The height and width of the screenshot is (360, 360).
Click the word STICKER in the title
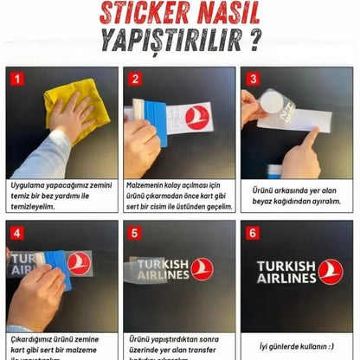pos(142,15)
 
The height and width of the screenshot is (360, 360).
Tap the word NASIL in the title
pos(227,15)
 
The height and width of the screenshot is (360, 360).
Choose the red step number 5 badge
pos(133,232)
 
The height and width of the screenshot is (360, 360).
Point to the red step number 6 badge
pos(251,232)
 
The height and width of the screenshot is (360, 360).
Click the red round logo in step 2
pos(197,118)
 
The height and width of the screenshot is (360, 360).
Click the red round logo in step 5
pos(202,269)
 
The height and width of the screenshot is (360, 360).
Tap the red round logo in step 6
pos(331,271)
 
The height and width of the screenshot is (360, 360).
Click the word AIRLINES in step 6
pos(286,278)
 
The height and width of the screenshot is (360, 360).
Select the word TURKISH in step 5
pos(162,264)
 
